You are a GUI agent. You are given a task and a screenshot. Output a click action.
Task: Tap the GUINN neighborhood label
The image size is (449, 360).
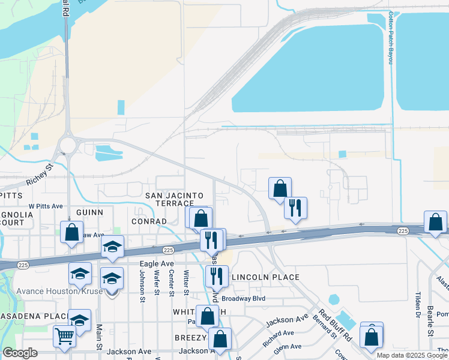click(90, 212)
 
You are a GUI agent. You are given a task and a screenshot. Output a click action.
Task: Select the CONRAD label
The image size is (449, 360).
click(148, 221)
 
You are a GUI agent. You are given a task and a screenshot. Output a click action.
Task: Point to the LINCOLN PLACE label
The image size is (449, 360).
click(265, 277)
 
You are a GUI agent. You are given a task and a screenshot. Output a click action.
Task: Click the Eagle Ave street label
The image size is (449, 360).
click(157, 263)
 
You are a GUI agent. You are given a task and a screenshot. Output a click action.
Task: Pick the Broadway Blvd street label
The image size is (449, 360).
click(244, 298)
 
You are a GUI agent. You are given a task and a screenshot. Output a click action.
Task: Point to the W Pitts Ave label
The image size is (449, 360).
click(46, 206)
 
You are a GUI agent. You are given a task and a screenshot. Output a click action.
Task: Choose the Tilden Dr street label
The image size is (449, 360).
click(417, 305)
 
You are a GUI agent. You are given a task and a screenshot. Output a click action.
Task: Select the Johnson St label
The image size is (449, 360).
click(142, 282)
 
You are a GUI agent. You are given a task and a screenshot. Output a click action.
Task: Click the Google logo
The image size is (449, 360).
click(20, 353)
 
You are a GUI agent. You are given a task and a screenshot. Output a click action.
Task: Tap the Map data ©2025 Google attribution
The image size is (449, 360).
click(412, 355)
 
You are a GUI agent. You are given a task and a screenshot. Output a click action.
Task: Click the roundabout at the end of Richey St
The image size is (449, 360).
click(67, 145)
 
